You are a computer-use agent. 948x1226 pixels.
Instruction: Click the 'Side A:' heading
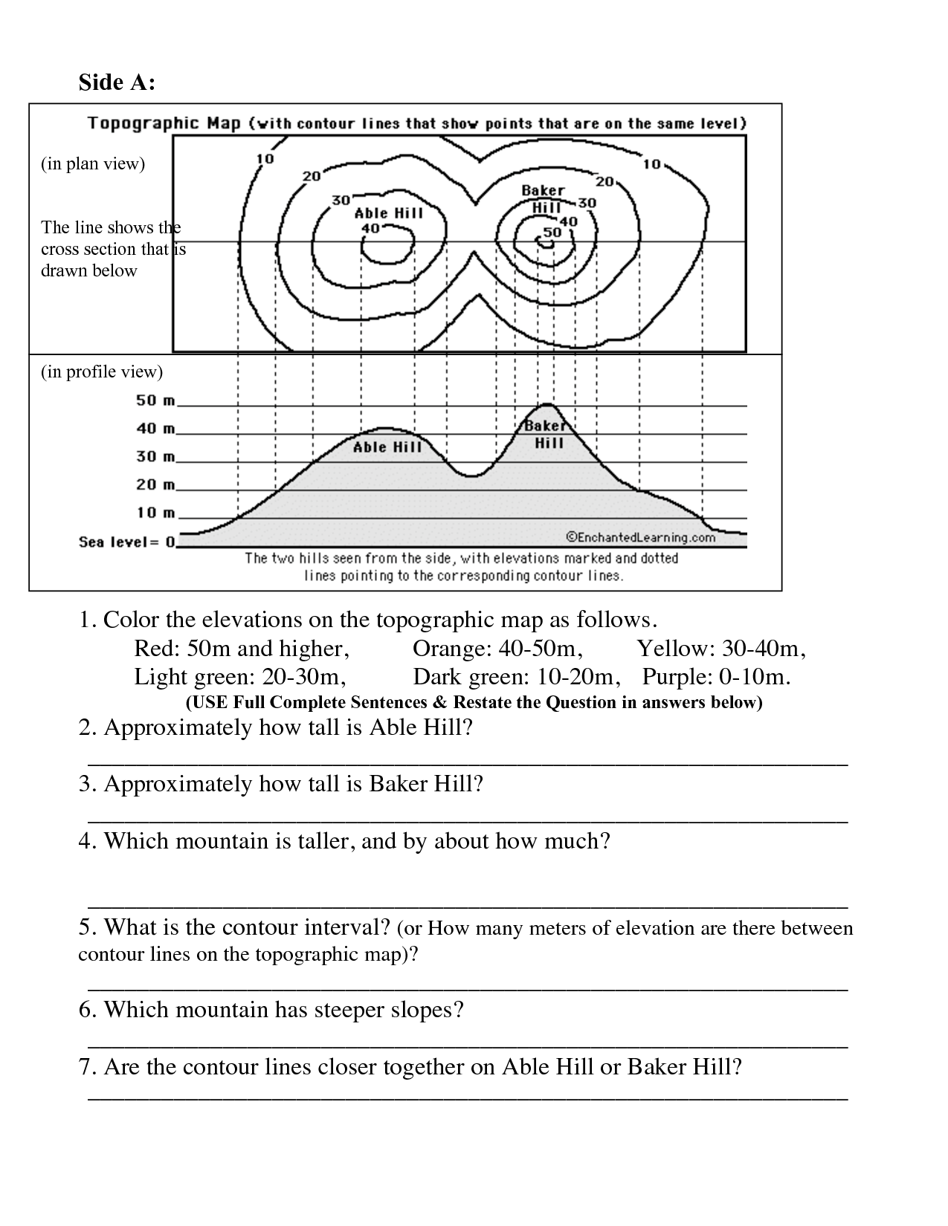click(117, 82)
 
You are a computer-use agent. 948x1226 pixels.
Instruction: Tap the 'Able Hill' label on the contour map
click(388, 213)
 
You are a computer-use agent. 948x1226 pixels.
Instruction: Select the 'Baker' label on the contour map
click(543, 191)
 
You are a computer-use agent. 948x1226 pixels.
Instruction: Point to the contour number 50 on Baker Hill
click(552, 232)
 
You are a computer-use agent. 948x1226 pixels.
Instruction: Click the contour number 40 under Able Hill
click(370, 227)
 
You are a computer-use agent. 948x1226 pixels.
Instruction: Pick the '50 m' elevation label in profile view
click(155, 401)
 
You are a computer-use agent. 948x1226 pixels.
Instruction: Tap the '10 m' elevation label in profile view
click(155, 513)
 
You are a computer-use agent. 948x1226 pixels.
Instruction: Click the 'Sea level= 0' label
click(128, 542)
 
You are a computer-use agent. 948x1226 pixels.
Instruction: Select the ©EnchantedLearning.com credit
click(640, 536)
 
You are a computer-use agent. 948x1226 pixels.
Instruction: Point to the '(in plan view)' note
click(92, 163)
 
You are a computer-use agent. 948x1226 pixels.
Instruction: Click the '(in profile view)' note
click(101, 372)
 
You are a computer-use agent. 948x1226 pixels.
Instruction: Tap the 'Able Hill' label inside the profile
click(387, 447)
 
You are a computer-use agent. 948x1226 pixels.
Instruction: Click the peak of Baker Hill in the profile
click(548, 405)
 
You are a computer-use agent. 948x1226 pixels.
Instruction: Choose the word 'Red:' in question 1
click(157, 649)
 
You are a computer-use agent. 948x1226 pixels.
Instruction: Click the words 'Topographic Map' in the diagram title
click(164, 123)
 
